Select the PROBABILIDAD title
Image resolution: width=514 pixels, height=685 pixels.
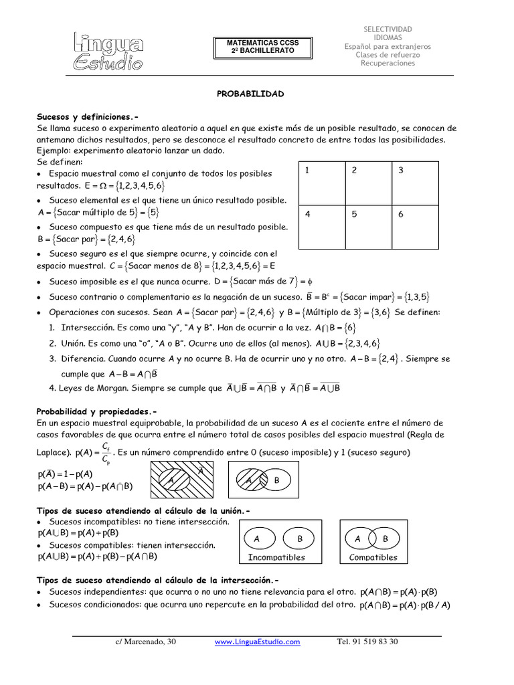(x=251, y=94)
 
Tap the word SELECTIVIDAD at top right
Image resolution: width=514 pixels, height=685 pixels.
(x=388, y=29)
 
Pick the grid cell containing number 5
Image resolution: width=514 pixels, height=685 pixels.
(x=367, y=225)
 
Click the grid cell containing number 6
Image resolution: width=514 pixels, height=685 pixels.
(x=415, y=225)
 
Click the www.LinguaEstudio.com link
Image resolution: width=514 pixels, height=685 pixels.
(x=257, y=642)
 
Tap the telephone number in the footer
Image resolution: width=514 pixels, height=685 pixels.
(x=367, y=642)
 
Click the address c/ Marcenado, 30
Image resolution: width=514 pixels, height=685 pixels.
(x=145, y=642)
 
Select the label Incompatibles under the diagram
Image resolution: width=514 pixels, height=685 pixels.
(x=276, y=557)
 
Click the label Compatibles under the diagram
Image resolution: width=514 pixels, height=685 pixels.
(x=373, y=557)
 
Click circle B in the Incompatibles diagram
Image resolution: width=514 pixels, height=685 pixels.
(x=300, y=539)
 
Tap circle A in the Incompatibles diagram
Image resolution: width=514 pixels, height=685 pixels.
(x=257, y=539)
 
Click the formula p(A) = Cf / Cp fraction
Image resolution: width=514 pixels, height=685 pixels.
(x=94, y=453)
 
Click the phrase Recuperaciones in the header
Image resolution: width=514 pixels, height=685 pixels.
(x=388, y=64)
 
